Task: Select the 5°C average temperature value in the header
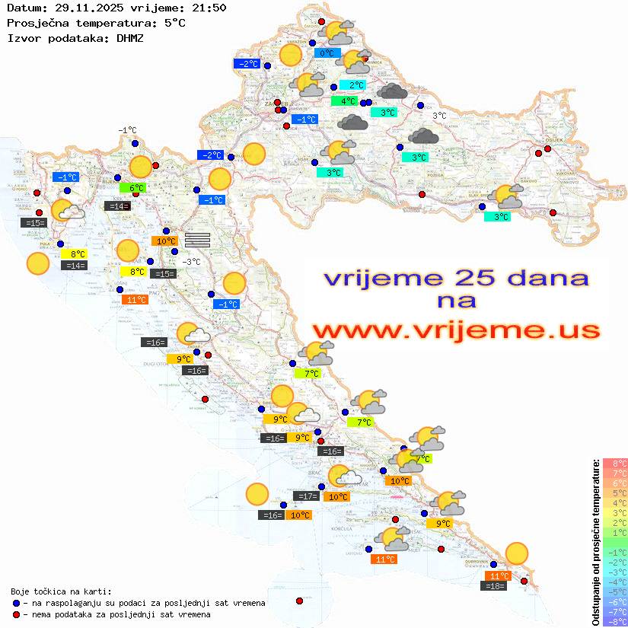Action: coord(174,22)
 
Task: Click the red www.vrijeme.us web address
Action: coord(455,330)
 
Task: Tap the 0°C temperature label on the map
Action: coord(327,53)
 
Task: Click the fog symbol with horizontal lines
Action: coord(197,239)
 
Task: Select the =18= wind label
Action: coord(495,585)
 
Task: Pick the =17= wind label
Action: coord(307,496)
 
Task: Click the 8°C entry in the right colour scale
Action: coord(615,463)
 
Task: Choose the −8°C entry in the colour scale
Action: coord(615,621)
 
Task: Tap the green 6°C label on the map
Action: coord(132,187)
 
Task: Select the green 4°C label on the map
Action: coord(344,101)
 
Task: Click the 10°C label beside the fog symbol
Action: coord(164,241)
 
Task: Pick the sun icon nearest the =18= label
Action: coord(517,553)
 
